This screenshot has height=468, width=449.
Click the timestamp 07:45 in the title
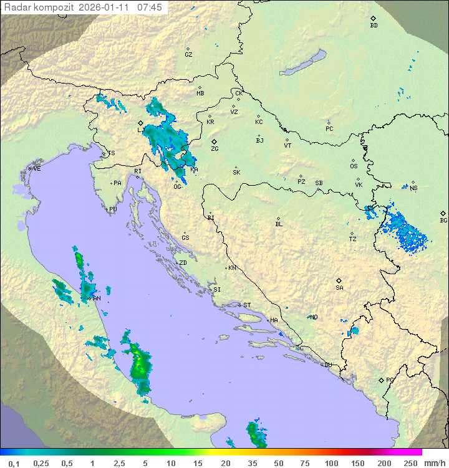(x=150, y=7)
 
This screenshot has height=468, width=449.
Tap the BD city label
(x=374, y=26)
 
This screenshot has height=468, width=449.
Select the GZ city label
(x=188, y=55)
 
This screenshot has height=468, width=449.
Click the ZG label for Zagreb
(x=215, y=149)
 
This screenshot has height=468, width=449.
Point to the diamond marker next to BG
(x=443, y=213)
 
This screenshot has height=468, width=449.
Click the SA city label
(x=339, y=288)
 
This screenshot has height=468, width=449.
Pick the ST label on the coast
(x=247, y=305)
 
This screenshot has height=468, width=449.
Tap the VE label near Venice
(x=37, y=169)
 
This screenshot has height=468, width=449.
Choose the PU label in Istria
(x=113, y=209)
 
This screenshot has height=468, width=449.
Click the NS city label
(x=413, y=188)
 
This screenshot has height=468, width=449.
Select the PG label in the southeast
(x=390, y=380)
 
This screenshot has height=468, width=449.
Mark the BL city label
(x=279, y=224)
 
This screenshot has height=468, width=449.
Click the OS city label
(x=354, y=166)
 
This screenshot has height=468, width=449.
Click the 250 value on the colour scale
(x=410, y=463)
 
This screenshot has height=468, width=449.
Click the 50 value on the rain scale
(x=278, y=463)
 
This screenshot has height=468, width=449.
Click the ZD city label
(x=183, y=263)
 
